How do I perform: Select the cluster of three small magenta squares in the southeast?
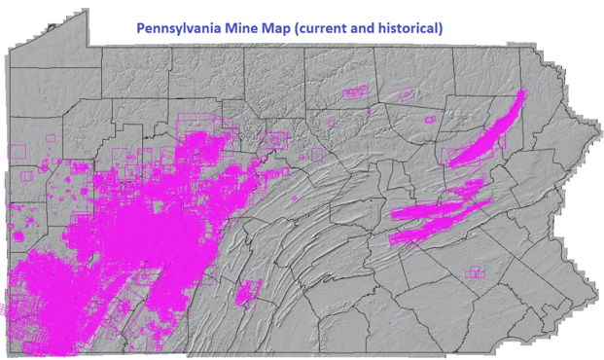(474, 272)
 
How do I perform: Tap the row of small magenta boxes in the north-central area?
(356, 92)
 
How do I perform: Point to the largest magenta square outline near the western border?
(16, 151)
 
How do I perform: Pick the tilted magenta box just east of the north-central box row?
(407, 93)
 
